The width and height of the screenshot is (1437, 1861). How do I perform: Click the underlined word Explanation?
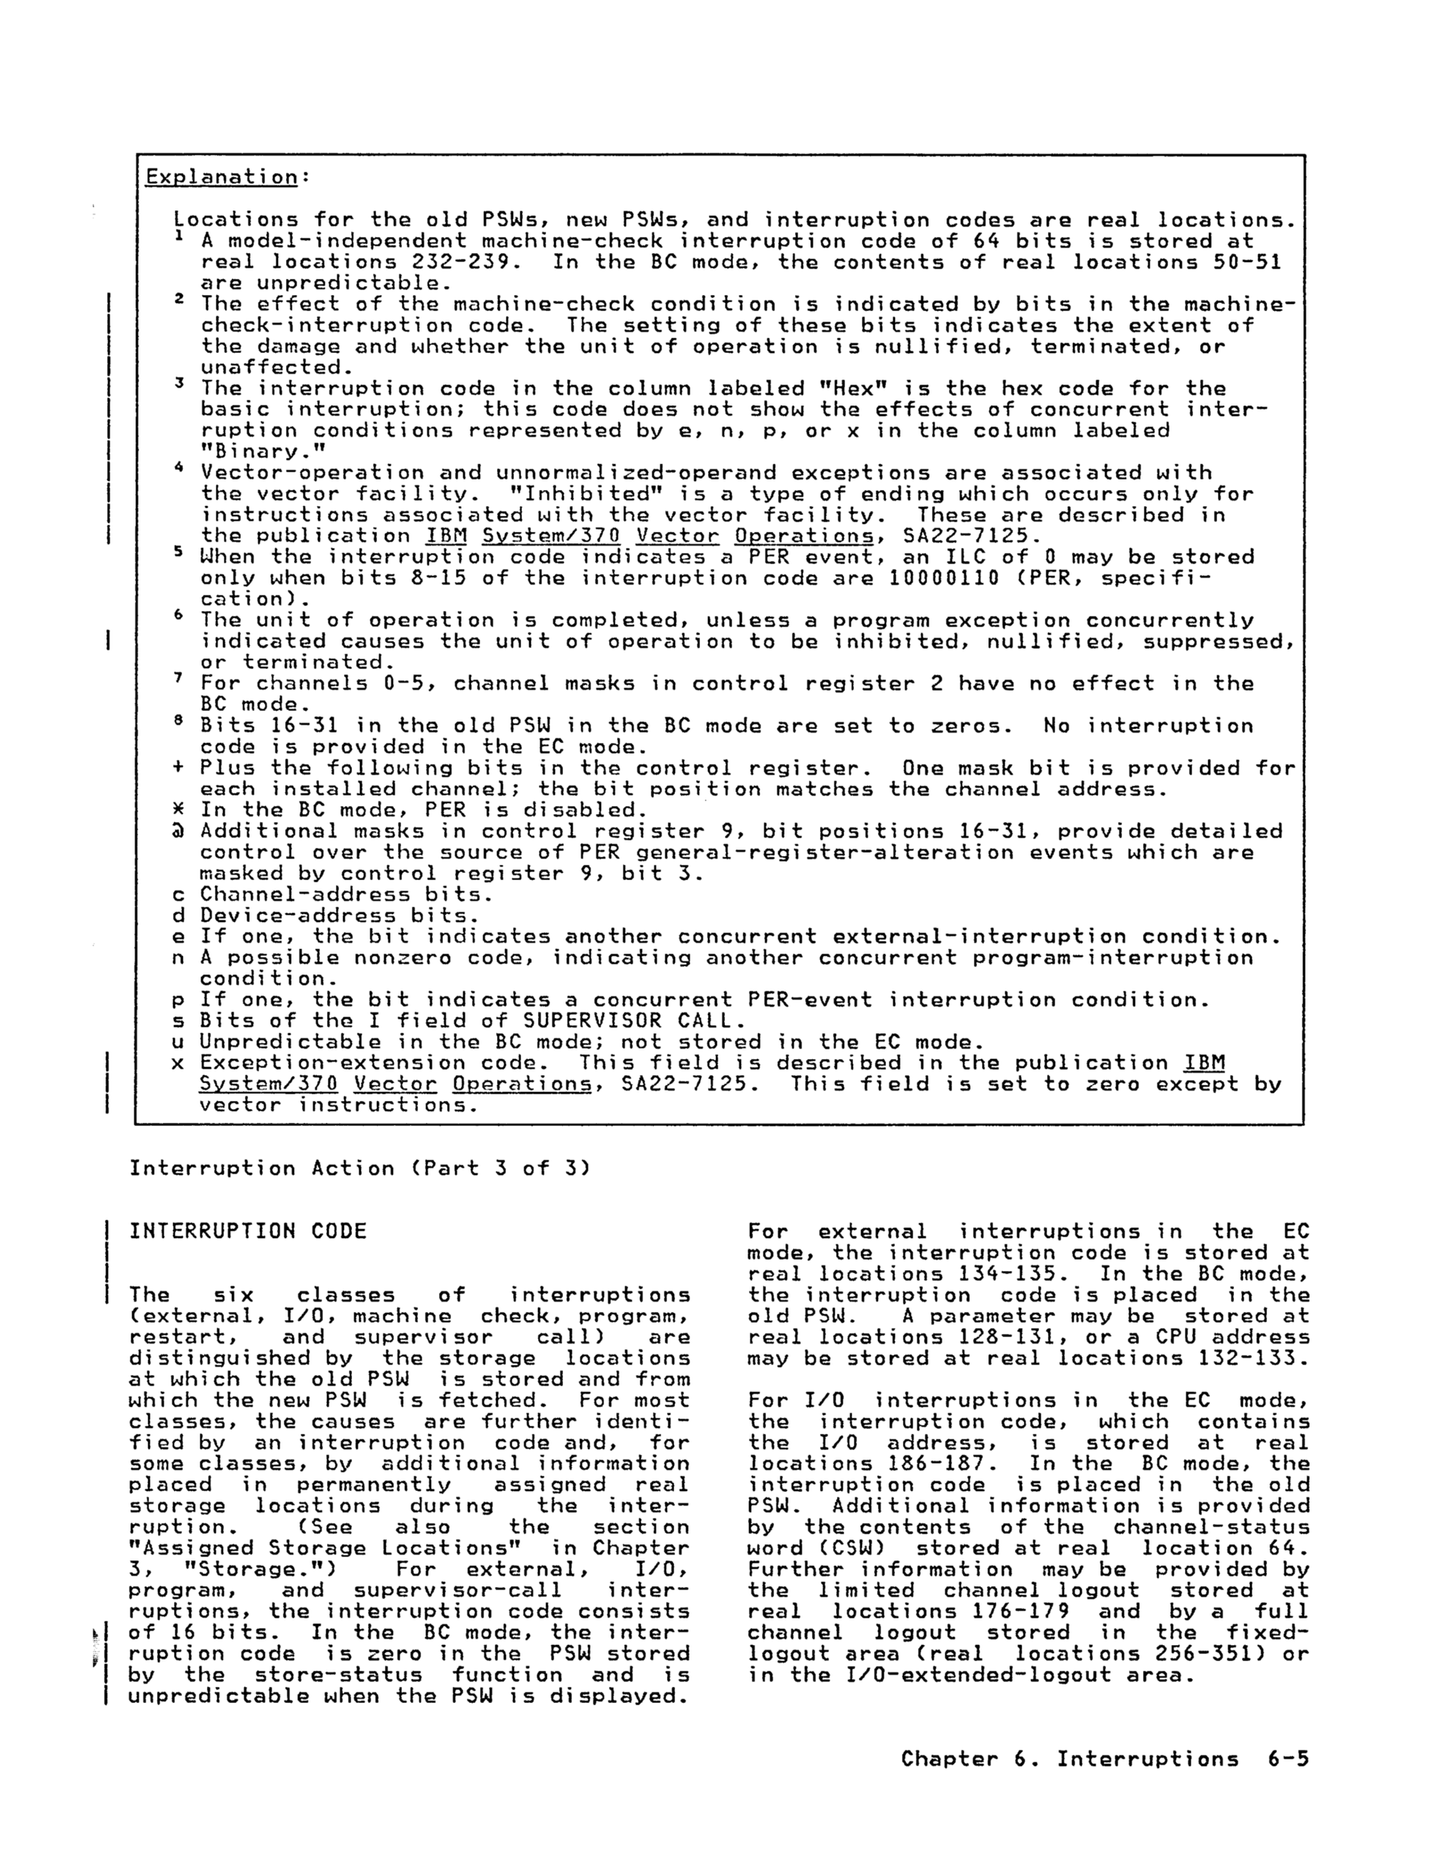[x=222, y=177]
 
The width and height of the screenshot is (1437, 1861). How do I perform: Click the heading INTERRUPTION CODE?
[x=247, y=1232]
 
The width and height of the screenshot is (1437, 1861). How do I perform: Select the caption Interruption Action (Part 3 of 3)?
[x=359, y=1168]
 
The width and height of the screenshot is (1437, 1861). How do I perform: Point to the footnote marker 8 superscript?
[x=179, y=723]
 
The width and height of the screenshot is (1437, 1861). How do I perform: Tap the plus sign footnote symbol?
[x=178, y=768]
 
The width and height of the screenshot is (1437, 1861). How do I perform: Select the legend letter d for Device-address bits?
[x=178, y=916]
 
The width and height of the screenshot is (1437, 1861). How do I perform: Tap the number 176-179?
[x=1021, y=1611]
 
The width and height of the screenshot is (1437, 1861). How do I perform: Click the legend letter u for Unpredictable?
[x=178, y=1042]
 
